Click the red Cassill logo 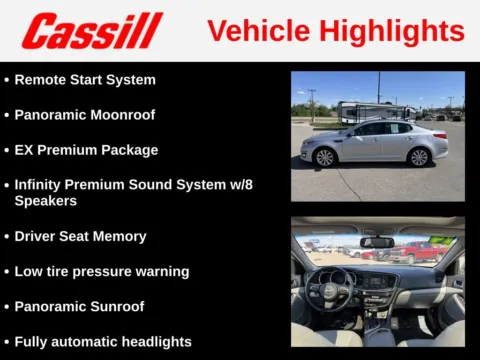pyautogui.click(x=92, y=30)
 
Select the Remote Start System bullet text pyautogui.click(x=85, y=79)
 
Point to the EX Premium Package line pyautogui.click(x=86, y=150)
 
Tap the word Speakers pyautogui.click(x=44, y=201)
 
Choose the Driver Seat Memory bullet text pyautogui.click(x=80, y=237)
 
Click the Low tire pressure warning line pyautogui.click(x=101, y=272)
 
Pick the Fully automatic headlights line pyautogui.click(x=102, y=342)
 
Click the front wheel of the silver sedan pyautogui.click(x=325, y=157)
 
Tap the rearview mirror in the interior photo pyautogui.click(x=377, y=242)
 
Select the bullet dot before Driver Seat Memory pyautogui.click(x=7, y=237)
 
